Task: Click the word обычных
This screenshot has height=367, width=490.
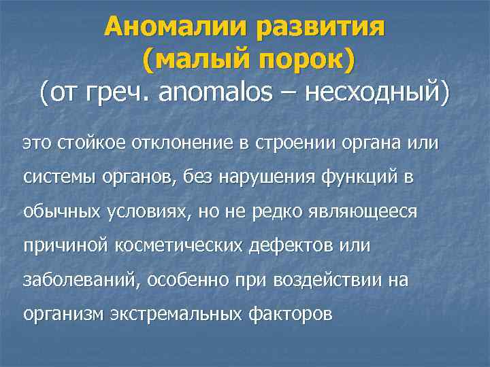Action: click(62, 211)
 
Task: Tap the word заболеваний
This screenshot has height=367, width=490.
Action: click(78, 279)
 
